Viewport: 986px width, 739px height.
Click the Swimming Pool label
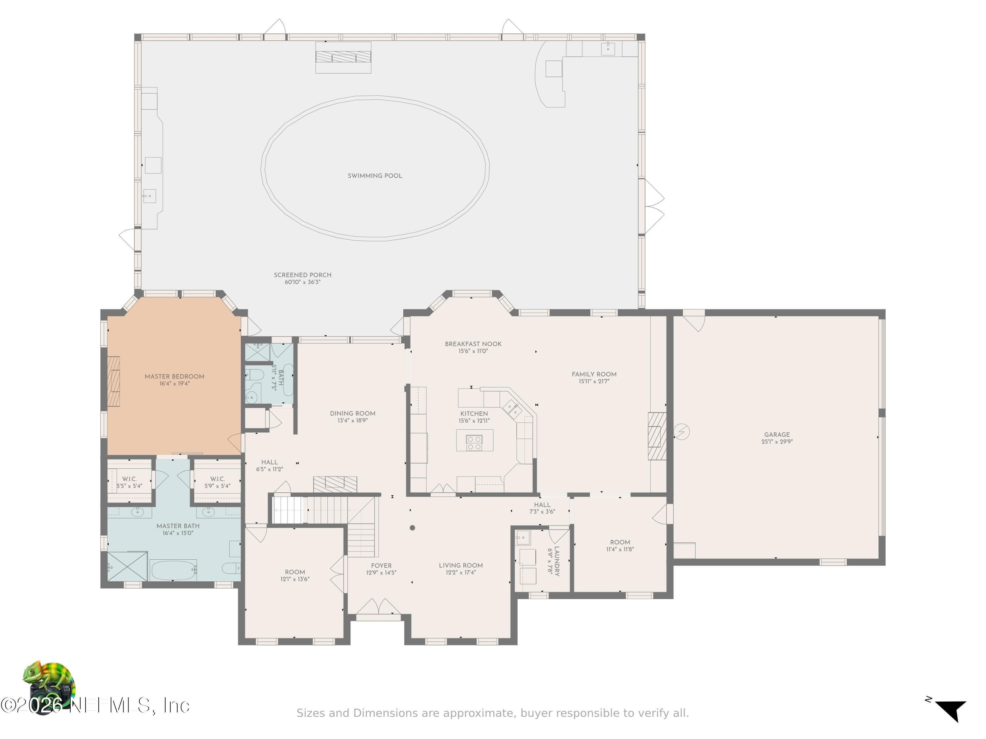[x=375, y=176]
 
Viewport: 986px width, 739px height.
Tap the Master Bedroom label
[x=174, y=376]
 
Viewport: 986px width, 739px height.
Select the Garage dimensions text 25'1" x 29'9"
[x=777, y=442]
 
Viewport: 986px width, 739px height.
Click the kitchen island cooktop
[x=474, y=442]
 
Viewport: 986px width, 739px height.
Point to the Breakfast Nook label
[x=473, y=344]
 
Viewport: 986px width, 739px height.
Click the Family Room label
[x=594, y=374]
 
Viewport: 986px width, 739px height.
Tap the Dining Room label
[x=353, y=414]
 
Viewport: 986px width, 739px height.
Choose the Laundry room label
[x=557, y=561]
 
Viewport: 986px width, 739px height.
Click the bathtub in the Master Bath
[x=174, y=570]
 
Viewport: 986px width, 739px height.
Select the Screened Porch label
[x=303, y=275]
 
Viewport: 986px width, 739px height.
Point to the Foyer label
[x=381, y=566]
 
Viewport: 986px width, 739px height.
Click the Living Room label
[x=460, y=565]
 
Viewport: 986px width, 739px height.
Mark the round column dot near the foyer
[x=412, y=528]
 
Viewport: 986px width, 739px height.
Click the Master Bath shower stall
[x=128, y=566]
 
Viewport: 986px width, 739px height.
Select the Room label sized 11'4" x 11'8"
[x=620, y=542]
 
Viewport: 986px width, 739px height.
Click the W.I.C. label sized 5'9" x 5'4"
[x=218, y=479]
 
